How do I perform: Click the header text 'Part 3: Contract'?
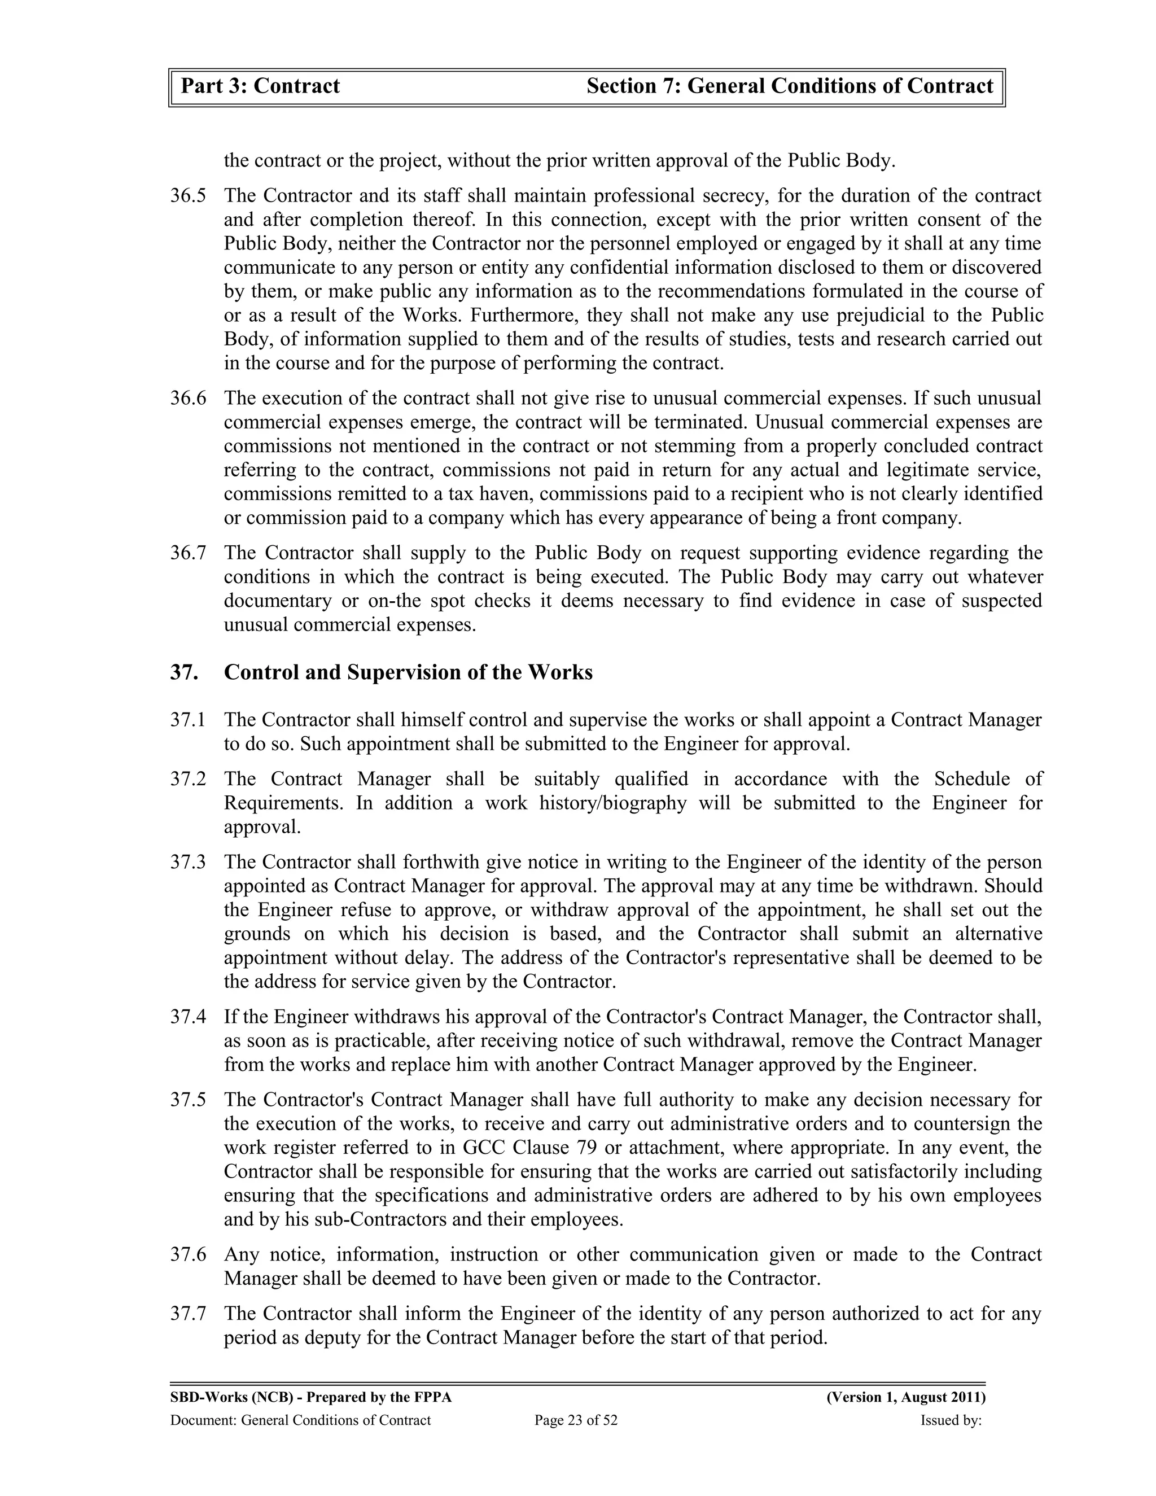coord(260,86)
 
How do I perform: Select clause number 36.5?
coord(187,196)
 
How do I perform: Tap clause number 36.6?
coord(187,398)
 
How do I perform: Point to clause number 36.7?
coord(187,553)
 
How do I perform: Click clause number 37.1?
coord(187,720)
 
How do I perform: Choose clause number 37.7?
coord(187,1313)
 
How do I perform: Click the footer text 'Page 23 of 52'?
coord(576,1420)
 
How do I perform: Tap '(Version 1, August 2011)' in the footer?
coord(906,1397)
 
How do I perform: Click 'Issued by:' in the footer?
coord(951,1420)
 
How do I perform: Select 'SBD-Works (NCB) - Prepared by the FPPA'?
coord(311,1397)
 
